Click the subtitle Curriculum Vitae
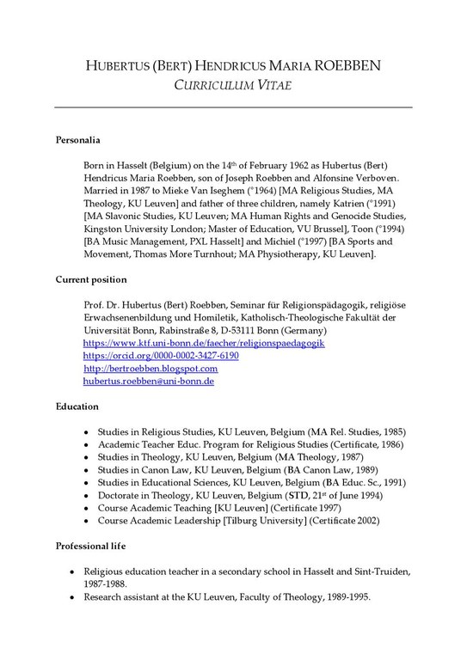click(233, 85)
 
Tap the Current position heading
click(91, 279)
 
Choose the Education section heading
click(77, 405)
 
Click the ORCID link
click(160, 355)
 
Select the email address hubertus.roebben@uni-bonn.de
click(148, 380)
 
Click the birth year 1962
click(248, 163)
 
